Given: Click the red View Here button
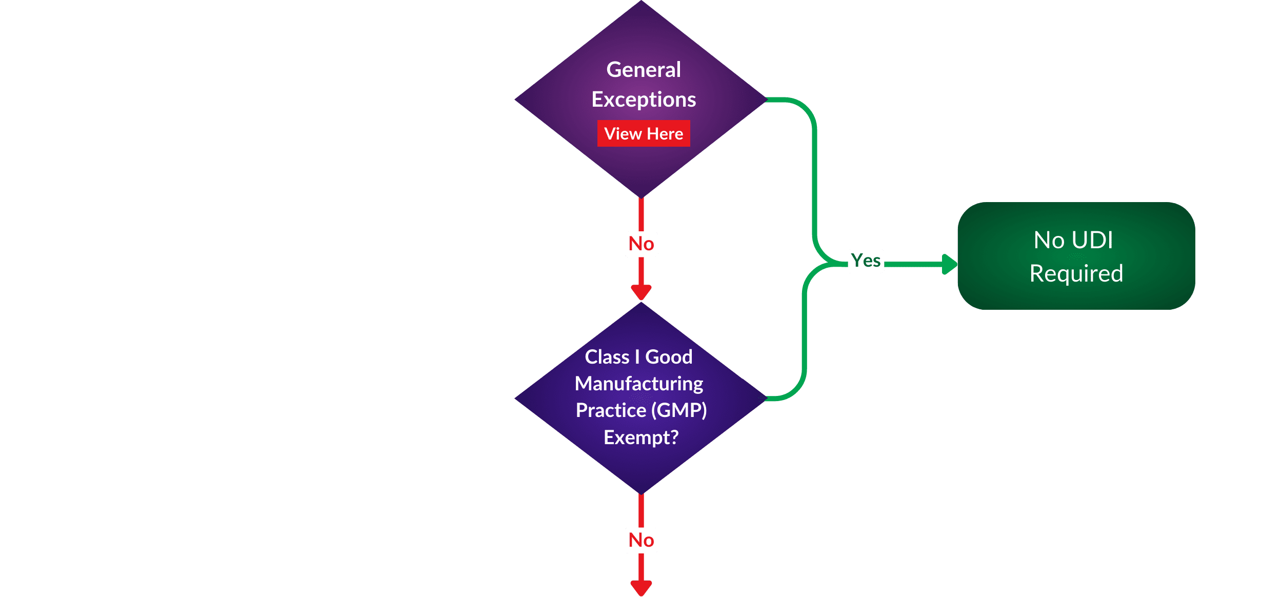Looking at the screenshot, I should coord(644,133).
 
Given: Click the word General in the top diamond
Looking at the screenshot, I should coord(644,70).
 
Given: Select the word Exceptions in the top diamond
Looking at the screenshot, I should coord(644,99).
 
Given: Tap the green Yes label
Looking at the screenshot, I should coord(866,261).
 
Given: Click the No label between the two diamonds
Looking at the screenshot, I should coord(641,244).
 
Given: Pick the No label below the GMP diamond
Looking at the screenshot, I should coord(641,540).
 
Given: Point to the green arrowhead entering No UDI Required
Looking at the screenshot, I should coord(950,264).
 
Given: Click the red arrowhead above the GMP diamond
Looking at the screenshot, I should coord(641,292).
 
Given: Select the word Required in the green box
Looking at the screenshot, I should coord(1076,273).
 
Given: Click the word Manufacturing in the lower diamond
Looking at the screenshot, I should coord(639,384).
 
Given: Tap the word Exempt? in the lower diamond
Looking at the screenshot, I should coord(641,437).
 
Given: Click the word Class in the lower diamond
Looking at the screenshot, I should coord(607,357).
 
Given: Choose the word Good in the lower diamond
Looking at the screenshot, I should coord(669,357).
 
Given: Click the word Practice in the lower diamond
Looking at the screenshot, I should coord(611,410).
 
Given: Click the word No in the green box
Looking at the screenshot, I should coord(1049,240).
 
